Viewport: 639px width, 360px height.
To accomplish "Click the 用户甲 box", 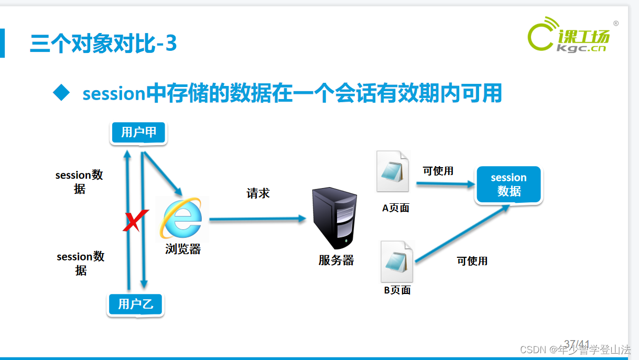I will [138, 133].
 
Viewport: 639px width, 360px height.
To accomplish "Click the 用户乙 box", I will [136, 304].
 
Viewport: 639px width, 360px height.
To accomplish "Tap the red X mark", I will [135, 221].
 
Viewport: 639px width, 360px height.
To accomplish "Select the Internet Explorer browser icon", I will [181, 218].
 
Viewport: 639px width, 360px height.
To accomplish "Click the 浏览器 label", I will [183, 249].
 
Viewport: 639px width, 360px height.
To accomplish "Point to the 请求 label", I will [258, 193].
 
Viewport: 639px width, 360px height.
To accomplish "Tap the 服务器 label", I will [336, 260].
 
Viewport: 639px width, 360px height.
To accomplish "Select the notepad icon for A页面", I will [393, 171].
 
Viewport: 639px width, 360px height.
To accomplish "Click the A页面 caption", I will [396, 208].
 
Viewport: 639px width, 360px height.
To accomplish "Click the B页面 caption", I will [397, 290].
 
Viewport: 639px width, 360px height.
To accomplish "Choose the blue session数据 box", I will [508, 185].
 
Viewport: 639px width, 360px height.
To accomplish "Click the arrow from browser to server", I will [257, 219].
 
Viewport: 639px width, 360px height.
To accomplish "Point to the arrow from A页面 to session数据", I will [446, 184].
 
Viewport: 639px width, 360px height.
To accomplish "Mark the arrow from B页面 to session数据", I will [461, 234].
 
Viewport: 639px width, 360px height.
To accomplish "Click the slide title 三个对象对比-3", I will [103, 43].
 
